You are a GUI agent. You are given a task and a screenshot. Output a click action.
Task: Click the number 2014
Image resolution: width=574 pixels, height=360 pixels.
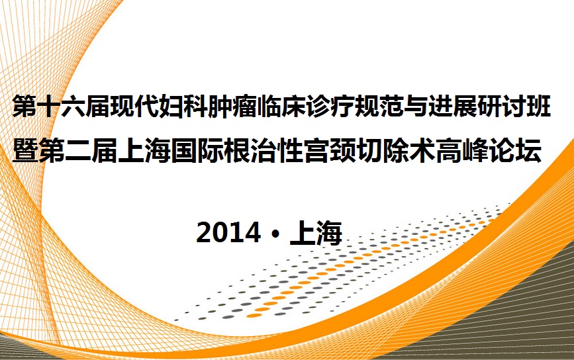(x=228, y=233)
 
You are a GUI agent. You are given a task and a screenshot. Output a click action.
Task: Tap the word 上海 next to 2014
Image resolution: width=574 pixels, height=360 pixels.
(x=316, y=233)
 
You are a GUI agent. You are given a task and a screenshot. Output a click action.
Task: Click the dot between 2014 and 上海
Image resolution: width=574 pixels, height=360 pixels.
(x=275, y=233)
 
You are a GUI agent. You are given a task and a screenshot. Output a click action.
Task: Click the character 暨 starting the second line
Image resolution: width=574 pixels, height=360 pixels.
(x=24, y=150)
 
